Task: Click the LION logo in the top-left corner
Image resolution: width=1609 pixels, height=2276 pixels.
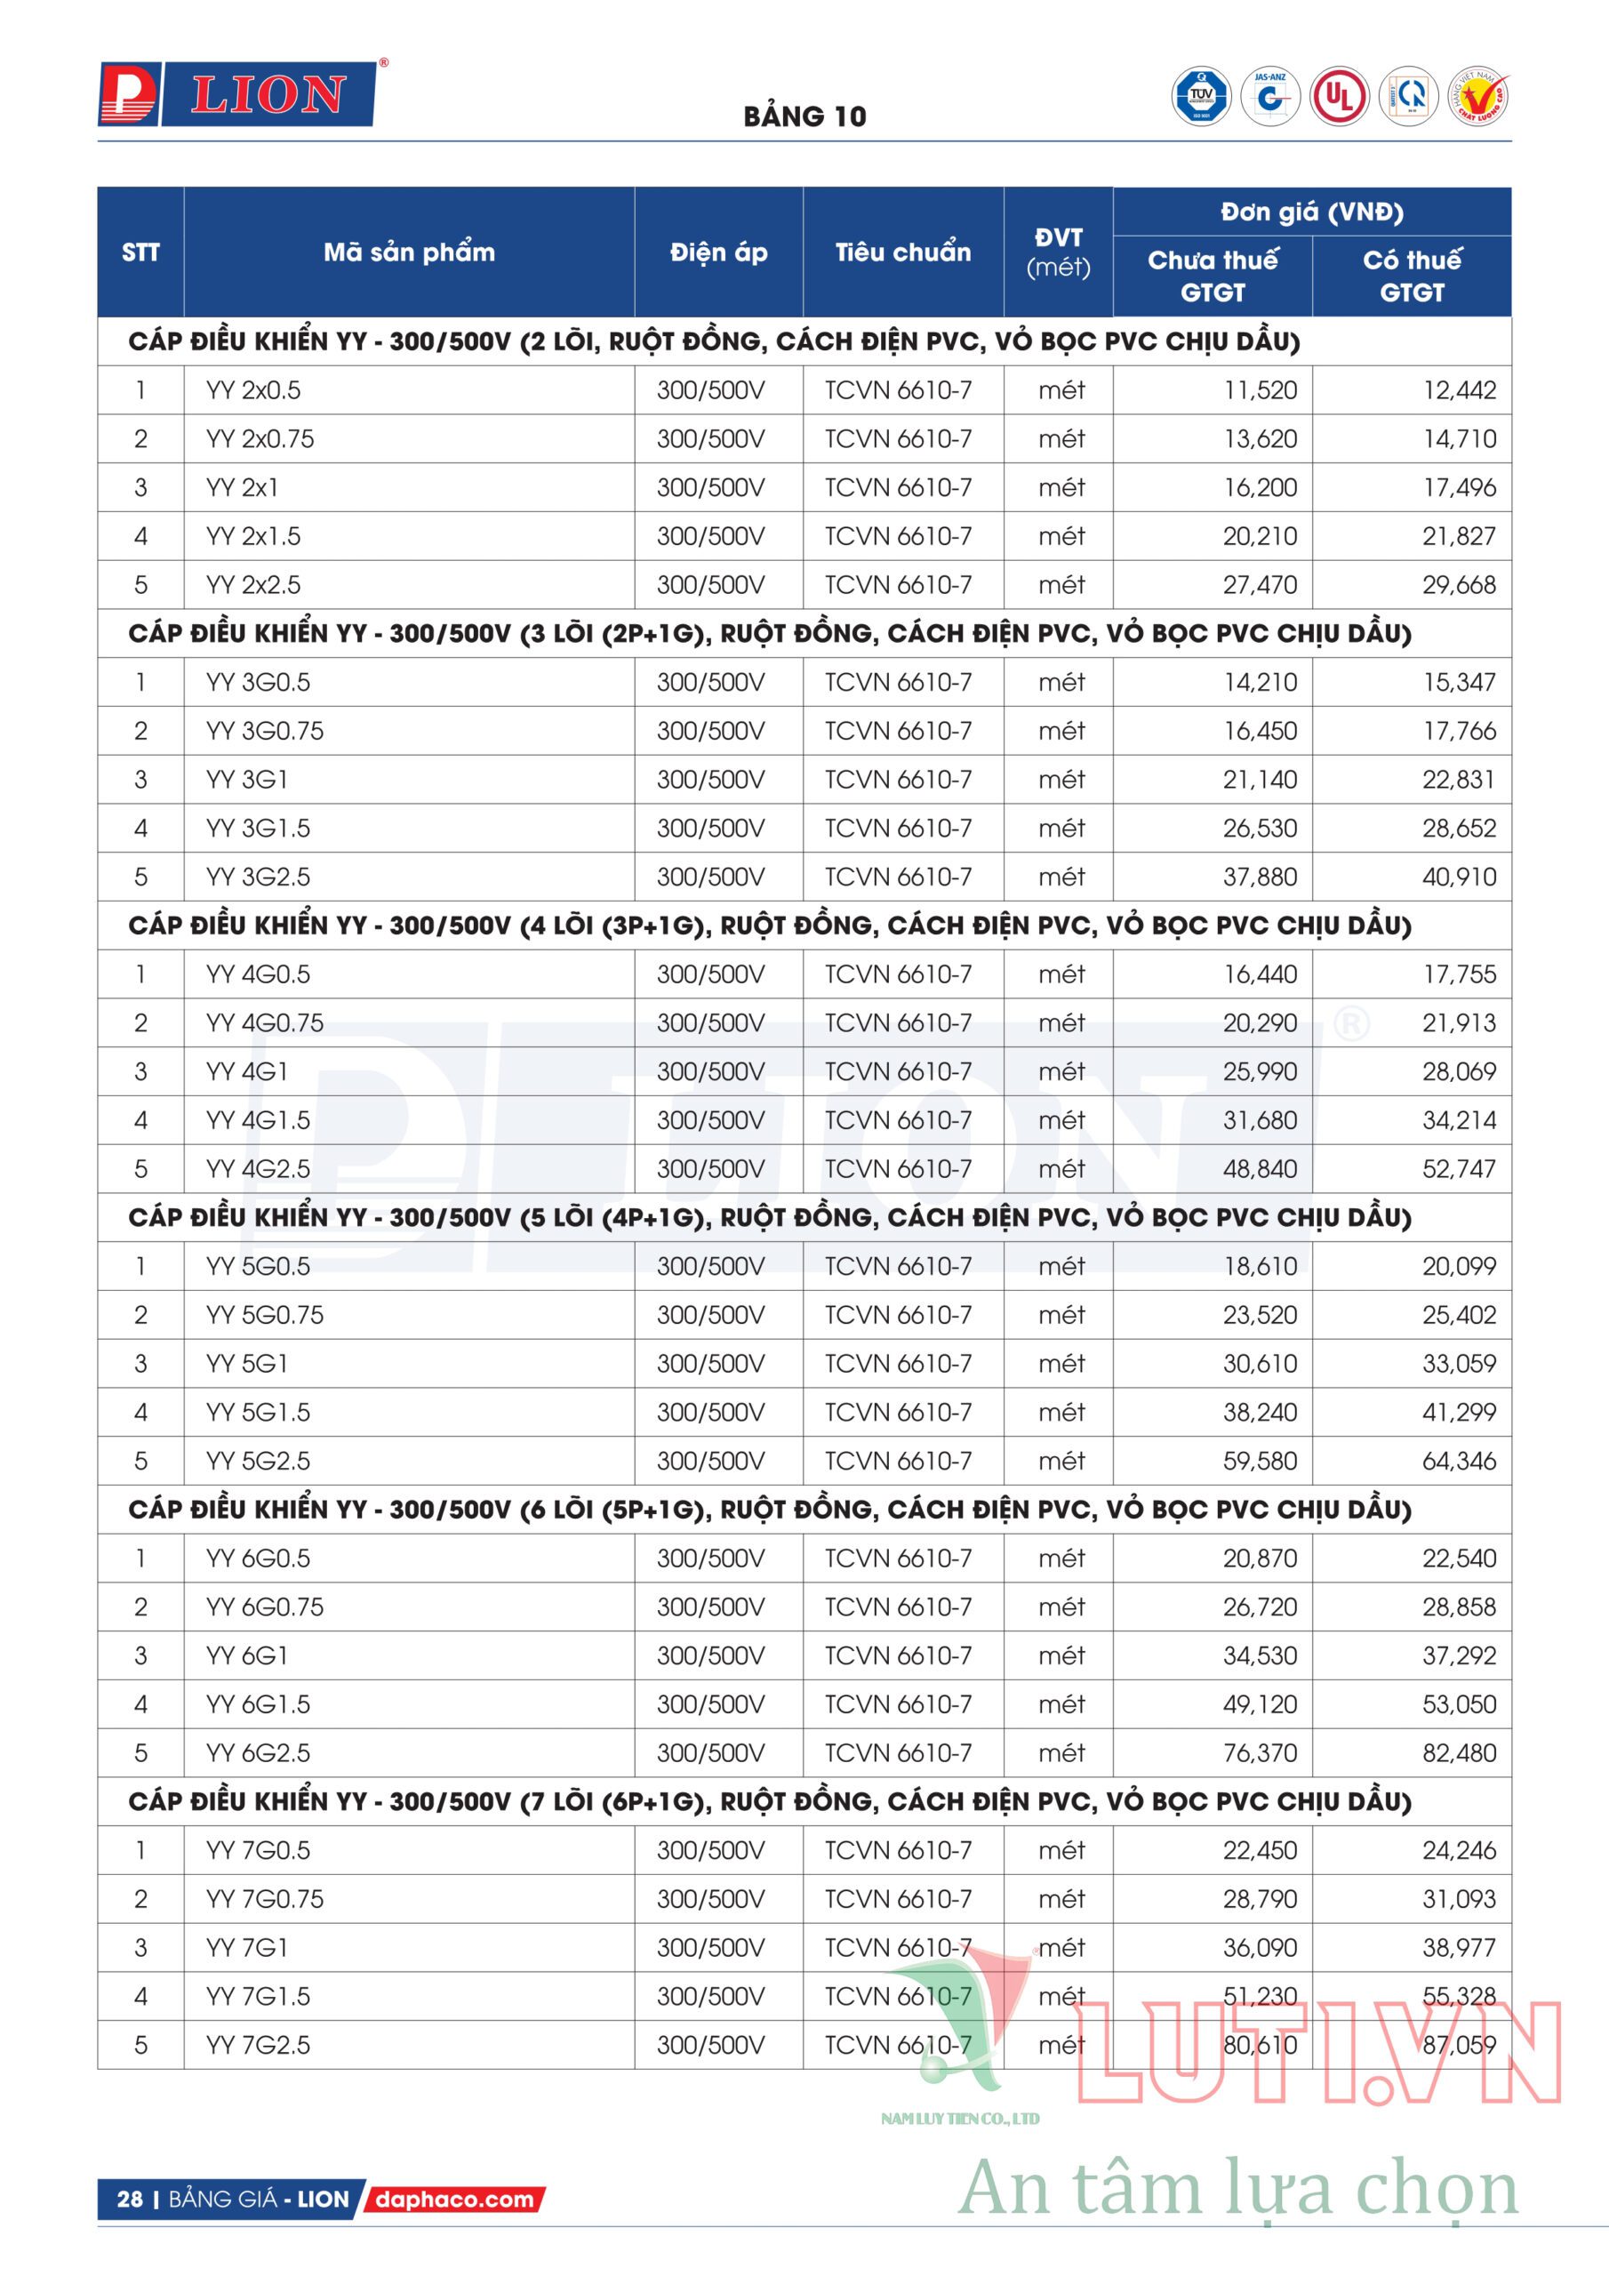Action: point(238,95)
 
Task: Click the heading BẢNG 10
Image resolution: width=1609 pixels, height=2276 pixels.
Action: point(804,117)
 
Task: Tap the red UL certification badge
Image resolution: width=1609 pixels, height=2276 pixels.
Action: point(1340,96)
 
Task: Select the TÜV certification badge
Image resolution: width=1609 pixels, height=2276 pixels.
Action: point(1201,96)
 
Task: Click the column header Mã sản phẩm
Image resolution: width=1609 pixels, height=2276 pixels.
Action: point(408,252)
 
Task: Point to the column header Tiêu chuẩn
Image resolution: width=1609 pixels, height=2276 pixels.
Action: point(902,252)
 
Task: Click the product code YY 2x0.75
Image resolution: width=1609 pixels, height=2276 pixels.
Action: point(260,439)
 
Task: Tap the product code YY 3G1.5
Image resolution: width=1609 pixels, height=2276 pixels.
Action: point(258,828)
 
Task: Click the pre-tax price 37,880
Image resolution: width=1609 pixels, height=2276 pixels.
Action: point(1259,877)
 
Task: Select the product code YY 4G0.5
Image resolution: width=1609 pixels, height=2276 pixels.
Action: point(258,974)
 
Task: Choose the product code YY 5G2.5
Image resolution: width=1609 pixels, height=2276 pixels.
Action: point(258,1460)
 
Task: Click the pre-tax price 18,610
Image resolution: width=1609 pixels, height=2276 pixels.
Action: point(1260,1266)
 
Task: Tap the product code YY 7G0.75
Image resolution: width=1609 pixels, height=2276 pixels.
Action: point(265,1898)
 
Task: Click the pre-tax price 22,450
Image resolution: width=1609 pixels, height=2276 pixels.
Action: point(1259,1850)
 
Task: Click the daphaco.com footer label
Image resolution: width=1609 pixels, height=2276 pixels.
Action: point(454,2200)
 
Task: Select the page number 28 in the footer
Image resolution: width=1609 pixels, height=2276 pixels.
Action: point(130,2200)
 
